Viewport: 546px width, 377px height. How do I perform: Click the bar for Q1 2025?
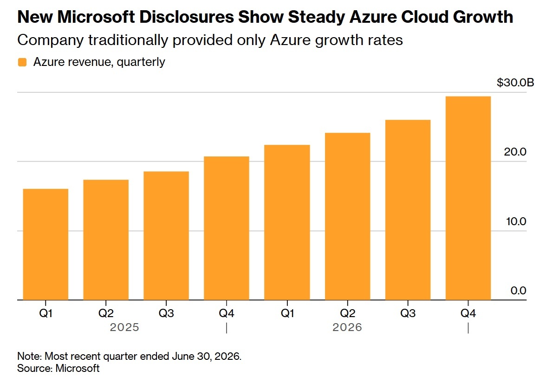(45, 244)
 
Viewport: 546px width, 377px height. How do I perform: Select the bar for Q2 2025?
(106, 240)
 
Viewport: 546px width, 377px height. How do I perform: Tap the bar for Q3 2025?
(166, 236)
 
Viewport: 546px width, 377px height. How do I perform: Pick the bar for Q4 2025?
(227, 228)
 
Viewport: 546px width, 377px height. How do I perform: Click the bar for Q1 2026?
(287, 222)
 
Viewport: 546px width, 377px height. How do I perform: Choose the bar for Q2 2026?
(347, 216)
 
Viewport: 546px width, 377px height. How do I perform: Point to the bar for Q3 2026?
(408, 210)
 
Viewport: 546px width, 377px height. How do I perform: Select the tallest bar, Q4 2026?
(468, 198)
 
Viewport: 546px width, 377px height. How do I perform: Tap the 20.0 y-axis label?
(515, 152)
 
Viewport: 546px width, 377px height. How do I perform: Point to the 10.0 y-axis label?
(516, 221)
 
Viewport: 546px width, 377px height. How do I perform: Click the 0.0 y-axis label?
(518, 291)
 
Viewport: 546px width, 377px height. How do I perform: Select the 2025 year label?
(124, 327)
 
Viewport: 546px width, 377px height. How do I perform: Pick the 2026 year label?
(347, 327)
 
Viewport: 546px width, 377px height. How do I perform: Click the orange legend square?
(22, 62)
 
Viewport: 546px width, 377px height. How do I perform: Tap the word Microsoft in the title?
(96, 17)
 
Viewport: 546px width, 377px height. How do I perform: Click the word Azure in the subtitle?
(290, 40)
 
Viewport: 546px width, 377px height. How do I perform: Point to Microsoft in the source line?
(77, 368)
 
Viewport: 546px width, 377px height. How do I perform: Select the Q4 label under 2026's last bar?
(468, 313)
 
